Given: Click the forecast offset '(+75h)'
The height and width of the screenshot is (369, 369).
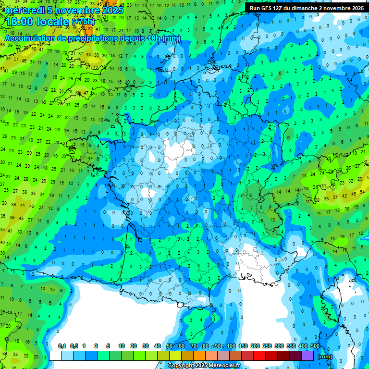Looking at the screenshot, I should tap(83, 22).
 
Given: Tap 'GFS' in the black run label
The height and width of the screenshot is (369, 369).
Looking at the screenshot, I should tap(268, 8).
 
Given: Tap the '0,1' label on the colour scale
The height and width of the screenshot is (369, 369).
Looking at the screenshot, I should tap(62, 346).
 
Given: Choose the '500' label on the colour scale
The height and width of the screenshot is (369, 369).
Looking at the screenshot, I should tap(315, 346).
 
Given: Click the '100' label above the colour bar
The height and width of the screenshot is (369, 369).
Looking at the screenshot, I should tap(231, 346).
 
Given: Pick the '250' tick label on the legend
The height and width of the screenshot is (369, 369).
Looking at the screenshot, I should tap(267, 346).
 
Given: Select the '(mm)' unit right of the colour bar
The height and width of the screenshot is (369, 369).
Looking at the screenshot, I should tap(325, 357).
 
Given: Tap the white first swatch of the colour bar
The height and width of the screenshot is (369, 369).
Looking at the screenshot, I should tap(55, 356).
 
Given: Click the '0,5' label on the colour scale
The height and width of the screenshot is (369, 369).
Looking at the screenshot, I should tap(74, 346).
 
